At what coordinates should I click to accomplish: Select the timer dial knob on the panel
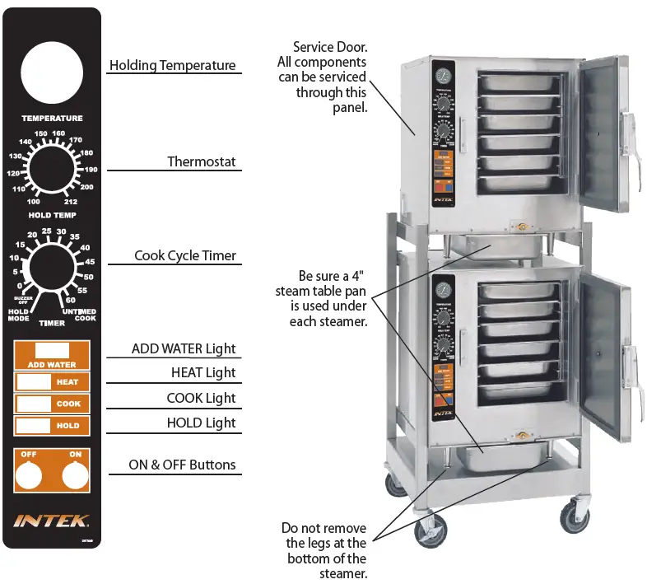tap(52, 270)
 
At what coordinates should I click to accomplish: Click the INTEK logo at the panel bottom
tap(52, 520)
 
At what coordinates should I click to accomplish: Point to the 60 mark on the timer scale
tap(71, 300)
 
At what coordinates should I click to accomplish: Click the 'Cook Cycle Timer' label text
tap(185, 256)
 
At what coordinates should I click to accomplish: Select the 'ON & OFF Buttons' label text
tap(182, 465)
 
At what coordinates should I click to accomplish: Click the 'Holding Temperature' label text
tap(173, 66)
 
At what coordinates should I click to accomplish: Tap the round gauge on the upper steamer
tap(444, 76)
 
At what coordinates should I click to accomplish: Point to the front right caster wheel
tap(574, 518)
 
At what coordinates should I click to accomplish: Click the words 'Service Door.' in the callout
tap(330, 47)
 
